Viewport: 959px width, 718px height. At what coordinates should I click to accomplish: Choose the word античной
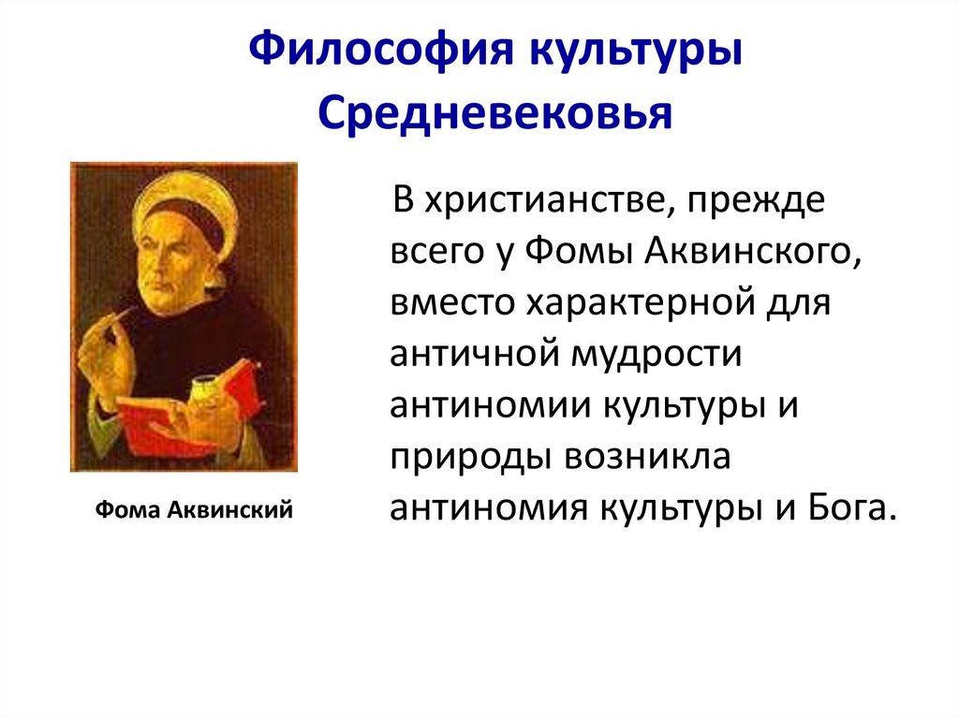[465, 356]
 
